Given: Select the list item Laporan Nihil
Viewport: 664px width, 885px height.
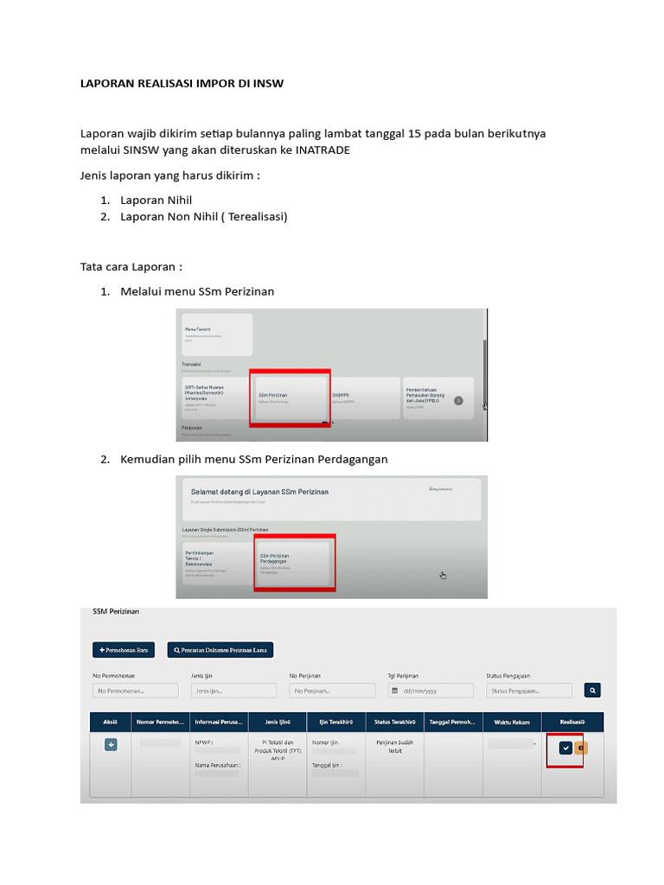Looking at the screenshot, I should click(156, 201).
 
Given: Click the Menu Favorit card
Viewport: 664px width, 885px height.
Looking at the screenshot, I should click(216, 334).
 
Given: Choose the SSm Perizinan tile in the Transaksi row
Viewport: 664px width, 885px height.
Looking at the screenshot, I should click(290, 397).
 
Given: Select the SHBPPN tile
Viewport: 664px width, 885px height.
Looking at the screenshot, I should click(364, 397).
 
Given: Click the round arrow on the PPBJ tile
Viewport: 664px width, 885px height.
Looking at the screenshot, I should click(458, 400).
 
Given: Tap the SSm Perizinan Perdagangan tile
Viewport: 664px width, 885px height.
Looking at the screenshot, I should click(292, 563).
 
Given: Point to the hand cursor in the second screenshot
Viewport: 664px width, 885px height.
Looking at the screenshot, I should click(443, 575).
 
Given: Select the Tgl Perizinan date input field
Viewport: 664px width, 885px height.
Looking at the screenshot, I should click(431, 691).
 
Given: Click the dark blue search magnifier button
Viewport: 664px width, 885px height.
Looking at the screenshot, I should click(592, 691).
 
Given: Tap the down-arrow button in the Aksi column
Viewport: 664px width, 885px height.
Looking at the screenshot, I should click(111, 744).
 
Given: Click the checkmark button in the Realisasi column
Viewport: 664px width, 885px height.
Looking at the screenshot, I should click(565, 748).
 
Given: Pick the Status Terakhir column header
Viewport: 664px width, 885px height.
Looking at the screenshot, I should click(394, 722).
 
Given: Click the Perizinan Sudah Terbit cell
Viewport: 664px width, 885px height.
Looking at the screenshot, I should click(394, 746).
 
